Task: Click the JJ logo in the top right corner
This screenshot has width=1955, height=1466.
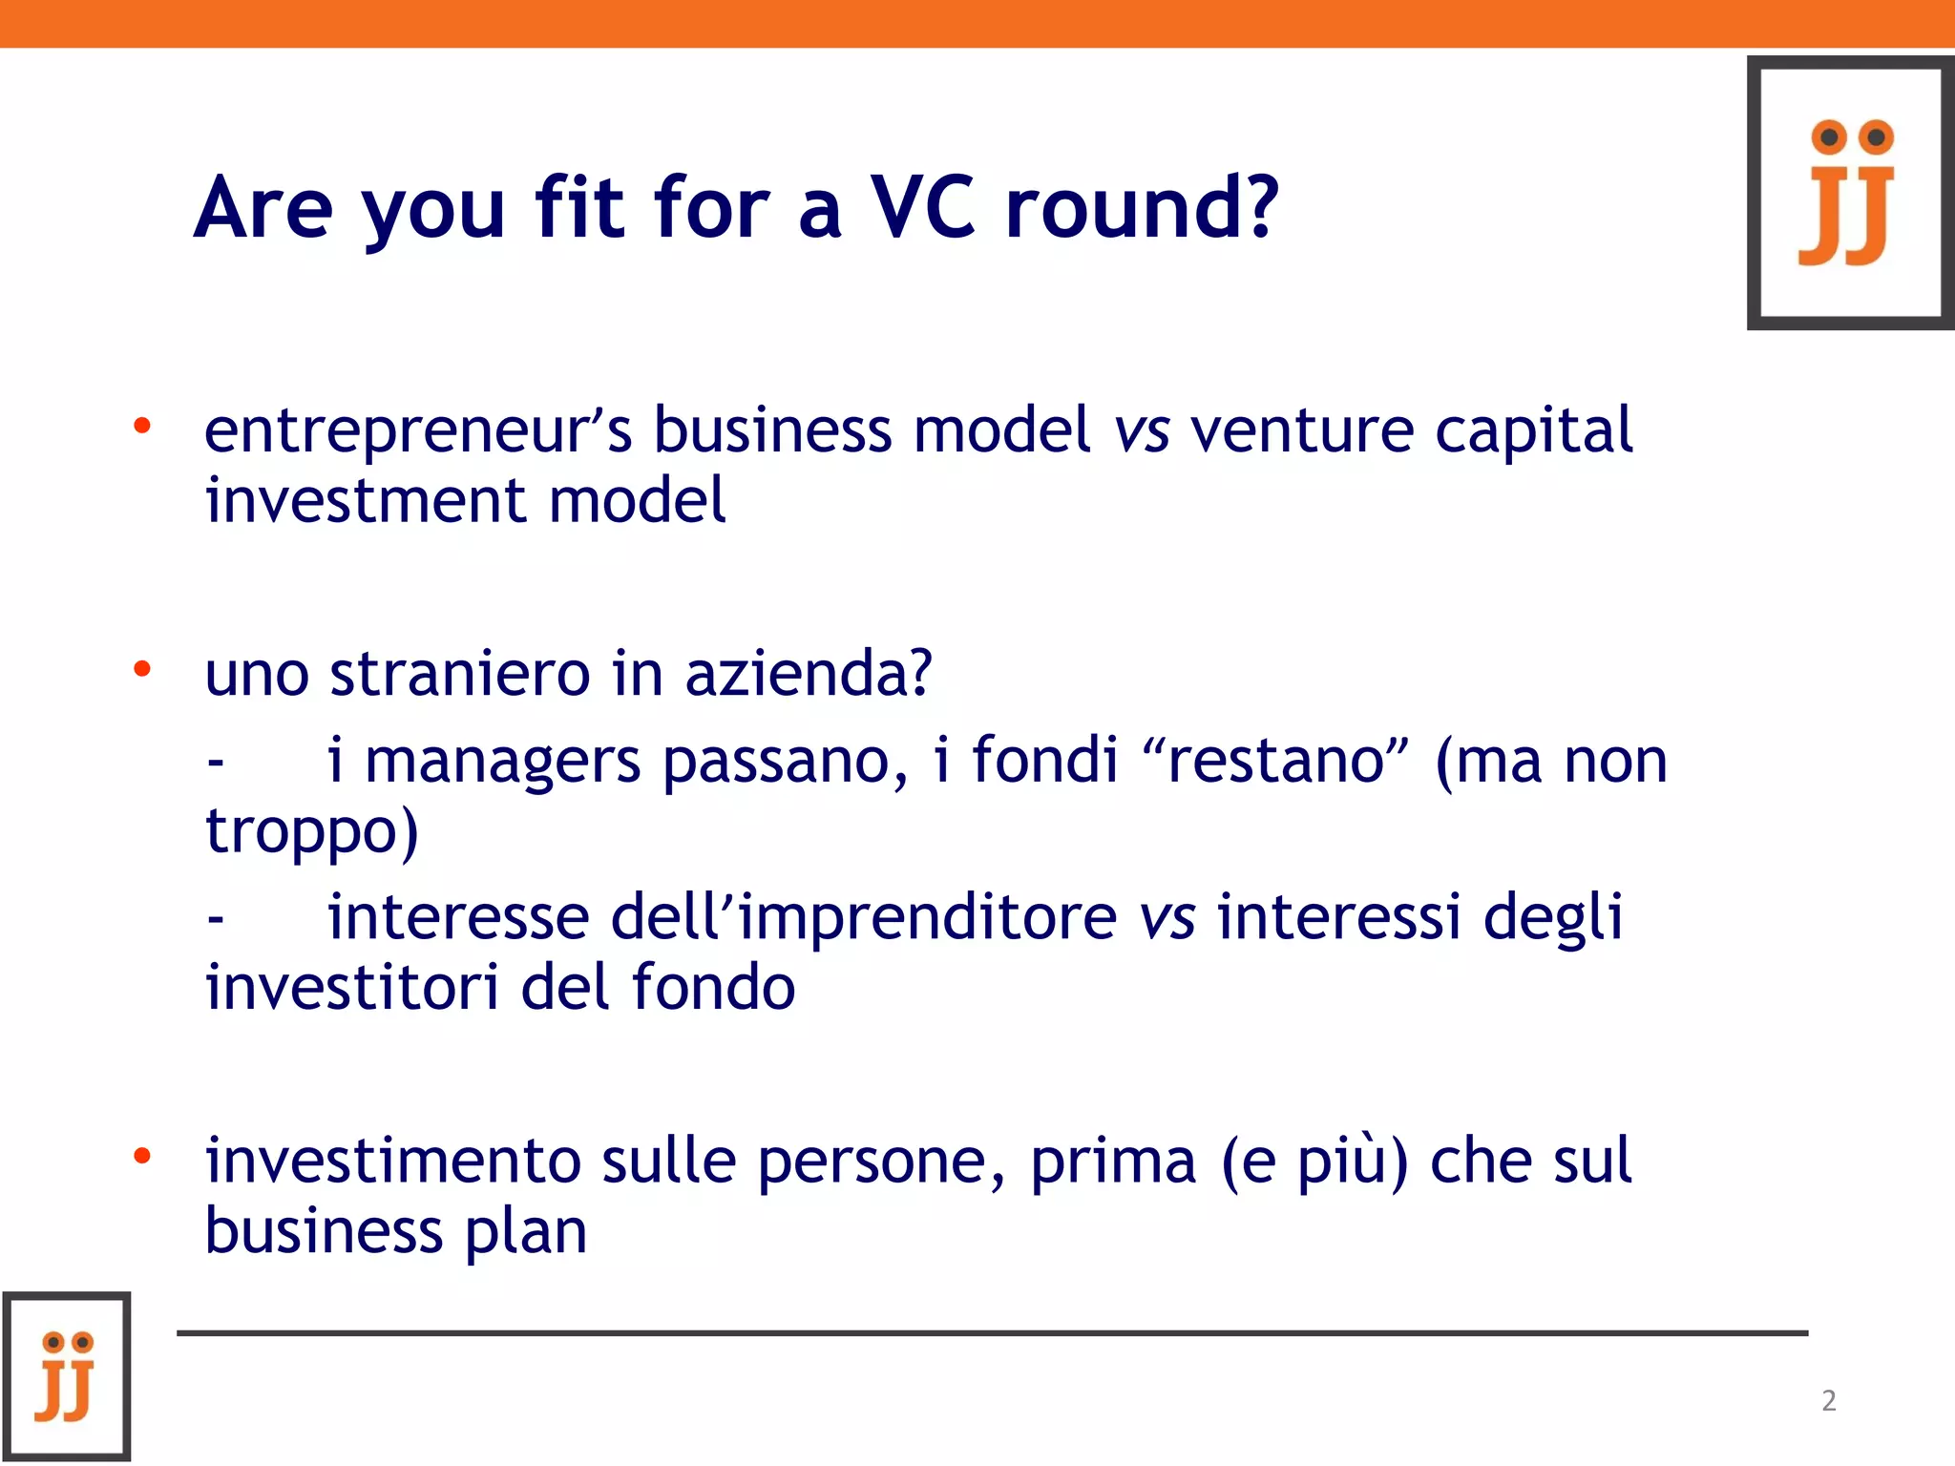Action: pyautogui.click(x=1850, y=193)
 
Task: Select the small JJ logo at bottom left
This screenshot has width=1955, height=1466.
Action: pyautogui.click(x=66, y=1375)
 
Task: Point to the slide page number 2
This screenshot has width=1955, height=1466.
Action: pyautogui.click(x=1829, y=1400)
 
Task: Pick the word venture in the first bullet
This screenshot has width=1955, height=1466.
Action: pyautogui.click(x=1302, y=430)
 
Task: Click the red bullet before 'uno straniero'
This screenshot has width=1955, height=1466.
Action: pyautogui.click(x=142, y=668)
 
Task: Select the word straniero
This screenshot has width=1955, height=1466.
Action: pyautogui.click(x=460, y=673)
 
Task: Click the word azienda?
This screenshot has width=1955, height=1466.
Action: pyautogui.click(x=809, y=673)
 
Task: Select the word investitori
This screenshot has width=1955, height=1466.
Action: pyautogui.click(x=352, y=987)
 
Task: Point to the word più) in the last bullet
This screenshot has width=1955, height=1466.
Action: pyautogui.click(x=1354, y=1163)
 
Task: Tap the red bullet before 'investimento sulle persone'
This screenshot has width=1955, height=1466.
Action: pyautogui.click(x=142, y=1157)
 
